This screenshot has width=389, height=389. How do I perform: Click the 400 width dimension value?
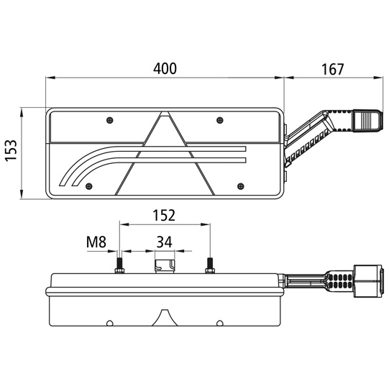[165, 69]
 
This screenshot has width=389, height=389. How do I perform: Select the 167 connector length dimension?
[332, 70]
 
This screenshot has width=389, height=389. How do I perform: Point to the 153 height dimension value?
[12, 151]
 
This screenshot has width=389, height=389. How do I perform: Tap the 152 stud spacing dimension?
[164, 215]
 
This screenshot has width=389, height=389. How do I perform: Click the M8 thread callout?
[96, 242]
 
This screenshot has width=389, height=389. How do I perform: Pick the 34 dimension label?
[164, 242]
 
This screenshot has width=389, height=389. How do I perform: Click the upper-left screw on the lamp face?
[110, 120]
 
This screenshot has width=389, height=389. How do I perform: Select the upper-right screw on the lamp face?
[220, 120]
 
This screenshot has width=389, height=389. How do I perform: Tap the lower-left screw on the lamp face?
[89, 186]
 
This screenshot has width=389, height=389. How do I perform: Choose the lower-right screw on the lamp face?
[240, 186]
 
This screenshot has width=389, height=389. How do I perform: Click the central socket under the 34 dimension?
[165, 267]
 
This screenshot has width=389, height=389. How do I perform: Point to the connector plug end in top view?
[368, 121]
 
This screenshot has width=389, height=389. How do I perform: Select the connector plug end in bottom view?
[369, 281]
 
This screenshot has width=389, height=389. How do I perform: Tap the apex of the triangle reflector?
[165, 111]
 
